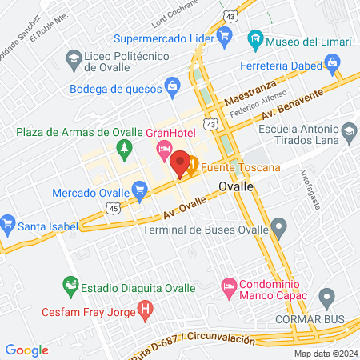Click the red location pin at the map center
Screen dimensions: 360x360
point(180,163)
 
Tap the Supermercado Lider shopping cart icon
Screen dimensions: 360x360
point(227,38)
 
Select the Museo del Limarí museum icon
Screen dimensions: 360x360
point(255,38)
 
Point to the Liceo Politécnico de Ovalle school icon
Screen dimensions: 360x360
point(74,58)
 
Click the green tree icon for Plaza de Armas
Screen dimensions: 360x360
point(124,148)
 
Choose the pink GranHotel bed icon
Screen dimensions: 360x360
point(164,148)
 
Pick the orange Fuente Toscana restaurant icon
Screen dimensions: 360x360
point(193,169)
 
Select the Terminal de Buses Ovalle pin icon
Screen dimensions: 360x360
point(278,228)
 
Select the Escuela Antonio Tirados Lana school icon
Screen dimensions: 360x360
point(349,131)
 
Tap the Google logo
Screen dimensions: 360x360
point(26,350)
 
